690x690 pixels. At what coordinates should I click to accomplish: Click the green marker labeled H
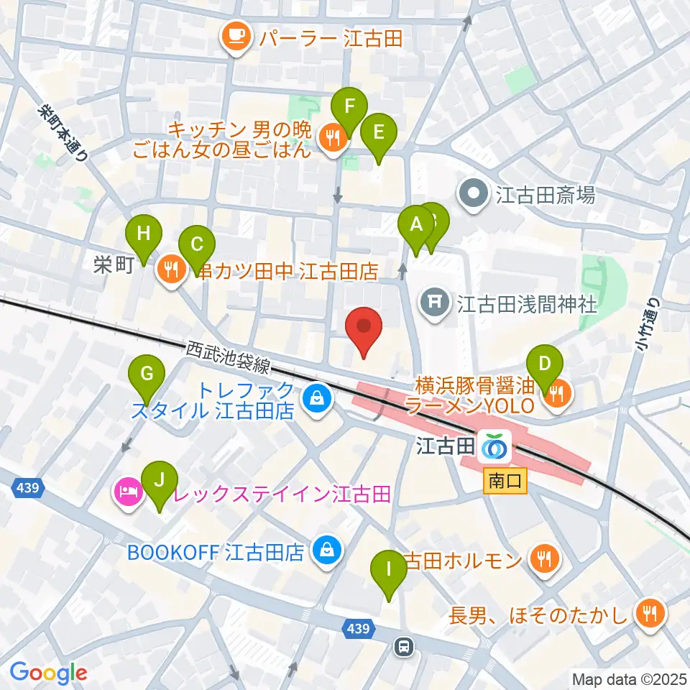click(x=144, y=234)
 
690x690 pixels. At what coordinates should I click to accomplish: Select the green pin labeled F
click(x=349, y=108)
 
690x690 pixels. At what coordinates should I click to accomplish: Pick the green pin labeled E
click(x=378, y=132)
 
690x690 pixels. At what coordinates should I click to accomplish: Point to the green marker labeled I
click(x=389, y=571)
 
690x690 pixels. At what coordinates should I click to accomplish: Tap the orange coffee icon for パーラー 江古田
click(x=235, y=38)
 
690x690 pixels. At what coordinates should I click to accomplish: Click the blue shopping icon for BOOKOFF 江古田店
click(x=327, y=551)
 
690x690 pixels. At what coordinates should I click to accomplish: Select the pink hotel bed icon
click(x=126, y=494)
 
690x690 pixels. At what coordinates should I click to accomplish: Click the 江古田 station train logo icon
click(x=494, y=447)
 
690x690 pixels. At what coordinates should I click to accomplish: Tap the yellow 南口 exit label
click(x=506, y=479)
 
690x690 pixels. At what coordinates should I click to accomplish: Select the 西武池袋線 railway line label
click(x=228, y=357)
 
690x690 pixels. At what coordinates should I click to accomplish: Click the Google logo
click(x=48, y=673)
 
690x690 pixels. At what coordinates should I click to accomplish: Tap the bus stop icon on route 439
click(x=404, y=648)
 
